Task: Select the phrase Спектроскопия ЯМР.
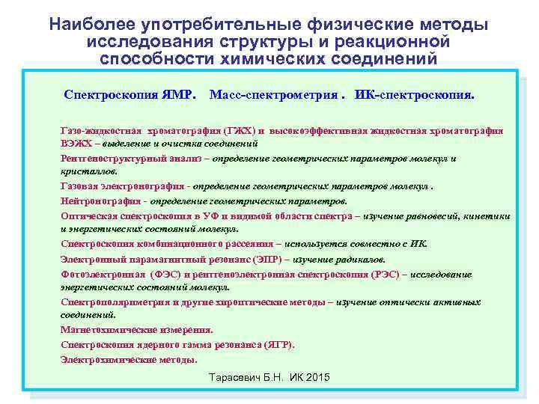130,97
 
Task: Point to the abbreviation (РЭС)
386,275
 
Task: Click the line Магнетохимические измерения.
136,329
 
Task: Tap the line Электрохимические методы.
129,359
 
